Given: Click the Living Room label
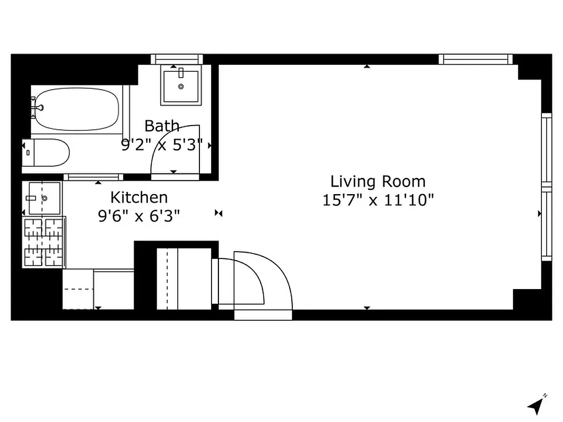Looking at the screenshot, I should [x=378, y=181].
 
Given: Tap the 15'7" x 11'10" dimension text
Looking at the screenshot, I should [x=378, y=200].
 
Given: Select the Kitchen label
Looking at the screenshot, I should [x=139, y=197].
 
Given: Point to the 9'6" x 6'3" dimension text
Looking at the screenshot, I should [x=139, y=216].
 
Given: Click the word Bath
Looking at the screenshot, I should [x=161, y=126].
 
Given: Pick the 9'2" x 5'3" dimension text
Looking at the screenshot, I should [x=162, y=145].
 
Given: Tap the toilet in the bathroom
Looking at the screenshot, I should [x=46, y=153].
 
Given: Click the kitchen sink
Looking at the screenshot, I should [x=44, y=198].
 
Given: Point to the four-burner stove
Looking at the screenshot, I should [x=44, y=241].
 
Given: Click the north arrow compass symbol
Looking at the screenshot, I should [x=536, y=405].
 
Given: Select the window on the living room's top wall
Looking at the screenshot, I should [x=475, y=59].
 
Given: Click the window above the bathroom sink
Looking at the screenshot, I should [x=177, y=59].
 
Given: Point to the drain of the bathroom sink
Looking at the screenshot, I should [x=180, y=86].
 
